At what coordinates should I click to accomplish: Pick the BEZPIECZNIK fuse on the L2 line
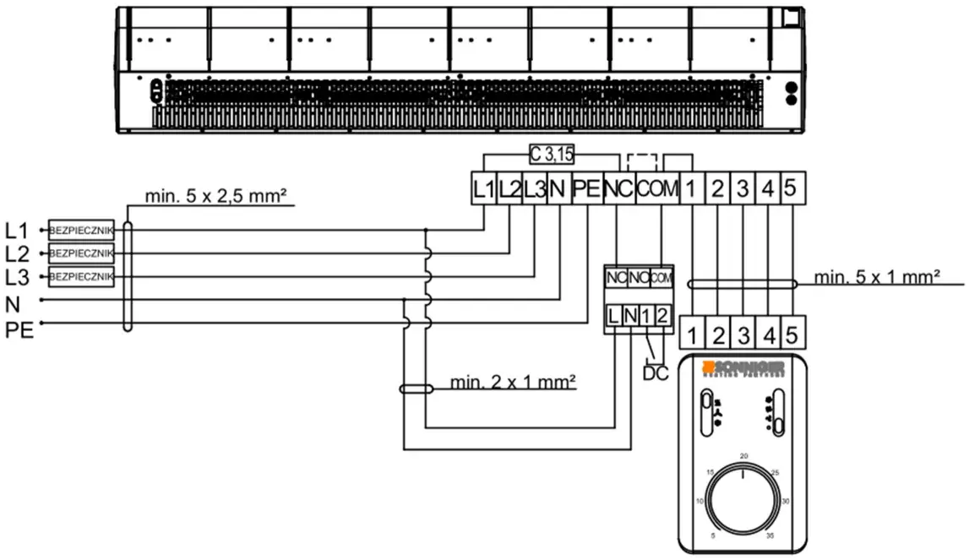[81, 253]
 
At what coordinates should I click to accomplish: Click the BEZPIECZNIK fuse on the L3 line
[81, 276]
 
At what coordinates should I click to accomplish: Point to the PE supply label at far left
[19, 329]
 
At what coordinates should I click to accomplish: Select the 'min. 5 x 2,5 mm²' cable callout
[215, 197]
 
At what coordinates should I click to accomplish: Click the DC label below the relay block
[655, 371]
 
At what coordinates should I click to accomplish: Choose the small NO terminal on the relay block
[639, 277]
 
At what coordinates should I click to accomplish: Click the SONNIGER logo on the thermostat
[743, 367]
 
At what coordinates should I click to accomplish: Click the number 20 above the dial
[743, 456]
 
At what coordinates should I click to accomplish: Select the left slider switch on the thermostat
[706, 413]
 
